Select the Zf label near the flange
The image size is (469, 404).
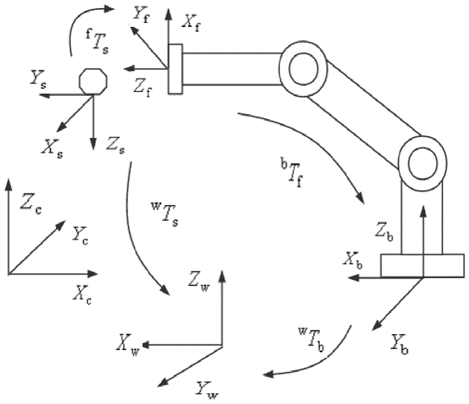pyautogui.click(x=143, y=85)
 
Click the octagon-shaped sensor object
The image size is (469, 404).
pyautogui.click(x=94, y=80)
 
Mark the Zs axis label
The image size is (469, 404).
pyautogui.click(x=115, y=146)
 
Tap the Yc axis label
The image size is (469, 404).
pyautogui.click(x=80, y=234)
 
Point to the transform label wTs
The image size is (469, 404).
pyautogui.click(x=163, y=215)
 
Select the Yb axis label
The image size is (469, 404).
pyautogui.click(x=399, y=345)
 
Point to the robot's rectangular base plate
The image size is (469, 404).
pyautogui.click(x=422, y=266)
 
